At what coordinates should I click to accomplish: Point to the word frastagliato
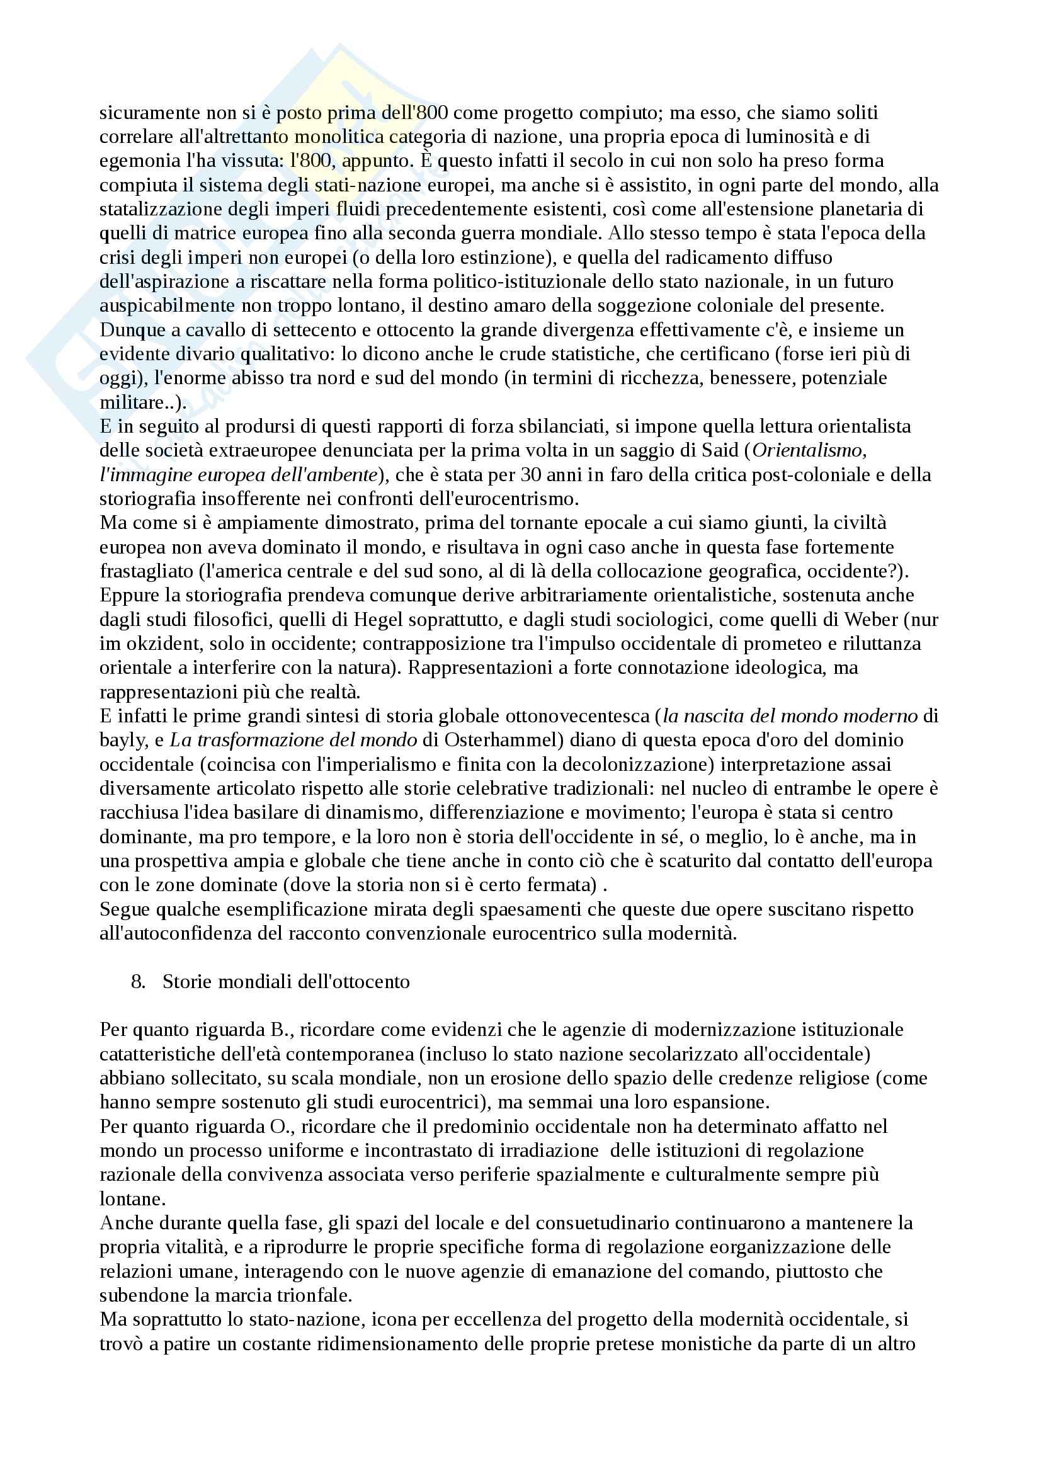pos(146,571)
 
